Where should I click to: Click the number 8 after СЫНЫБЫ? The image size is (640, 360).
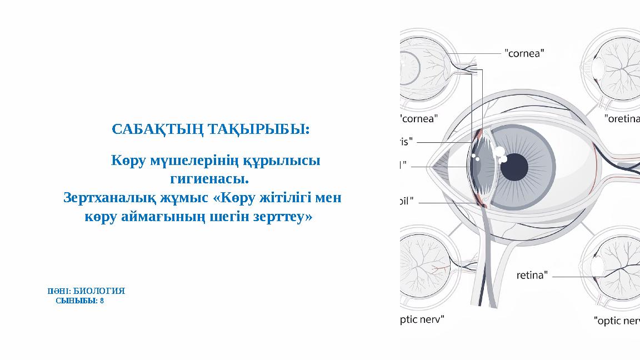(x=102, y=301)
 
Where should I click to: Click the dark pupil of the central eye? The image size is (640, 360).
(x=515, y=165)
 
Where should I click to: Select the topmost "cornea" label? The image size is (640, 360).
(x=524, y=54)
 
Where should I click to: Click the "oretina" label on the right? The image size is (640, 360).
(x=622, y=118)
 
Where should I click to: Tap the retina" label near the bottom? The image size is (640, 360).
(x=533, y=274)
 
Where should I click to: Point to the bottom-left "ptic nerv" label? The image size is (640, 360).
(x=422, y=319)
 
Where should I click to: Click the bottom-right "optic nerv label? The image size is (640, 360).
(x=617, y=321)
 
